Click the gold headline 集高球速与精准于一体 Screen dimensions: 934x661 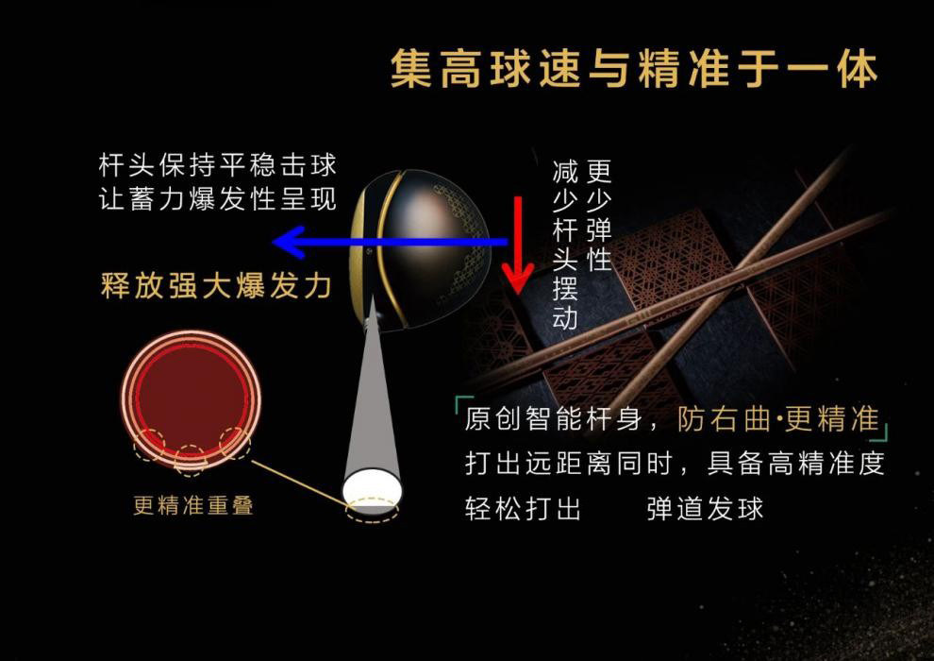pos(634,69)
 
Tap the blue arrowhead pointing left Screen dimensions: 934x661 pos(288,242)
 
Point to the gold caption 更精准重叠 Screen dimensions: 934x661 pos(193,505)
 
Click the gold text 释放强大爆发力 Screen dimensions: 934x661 pos(216,285)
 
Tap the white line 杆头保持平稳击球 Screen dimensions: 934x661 pos(217,165)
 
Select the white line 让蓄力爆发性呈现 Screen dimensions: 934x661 pos(217,198)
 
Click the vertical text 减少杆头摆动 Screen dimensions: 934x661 pos(565,245)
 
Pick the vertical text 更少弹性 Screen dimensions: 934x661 pos(599,215)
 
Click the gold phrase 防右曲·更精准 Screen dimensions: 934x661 pos(778,418)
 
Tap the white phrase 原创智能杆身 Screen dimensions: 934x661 pos(554,418)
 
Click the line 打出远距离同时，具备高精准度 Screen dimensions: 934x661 pos(675,463)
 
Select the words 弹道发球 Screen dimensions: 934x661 pos(705,508)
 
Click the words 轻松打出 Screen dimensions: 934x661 pos(523,508)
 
